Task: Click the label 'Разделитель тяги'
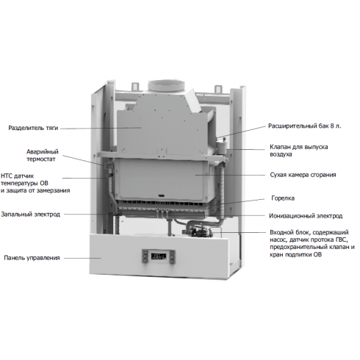(33, 128)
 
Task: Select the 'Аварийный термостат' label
(43, 155)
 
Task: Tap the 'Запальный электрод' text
(31, 215)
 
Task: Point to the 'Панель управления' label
(32, 258)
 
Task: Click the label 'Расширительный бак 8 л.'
(304, 126)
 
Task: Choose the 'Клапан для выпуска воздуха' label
(299, 151)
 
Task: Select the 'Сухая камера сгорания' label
(303, 175)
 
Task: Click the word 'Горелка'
(283, 198)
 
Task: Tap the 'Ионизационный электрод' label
(306, 216)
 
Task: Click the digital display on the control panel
(159, 256)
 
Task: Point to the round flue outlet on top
(166, 86)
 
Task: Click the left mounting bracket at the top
(135, 86)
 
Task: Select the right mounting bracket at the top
(218, 89)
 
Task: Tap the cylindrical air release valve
(222, 145)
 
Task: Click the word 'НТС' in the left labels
(7, 176)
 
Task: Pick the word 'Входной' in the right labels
(281, 232)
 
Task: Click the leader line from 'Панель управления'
(82, 258)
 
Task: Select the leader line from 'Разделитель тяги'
(101, 128)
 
